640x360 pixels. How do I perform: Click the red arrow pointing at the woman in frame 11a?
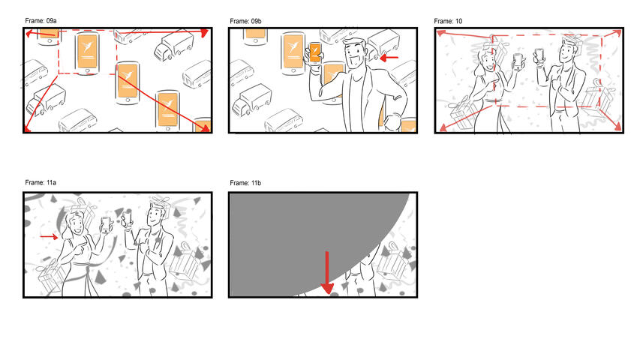tap(49, 237)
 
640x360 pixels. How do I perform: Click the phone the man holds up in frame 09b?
tap(316, 52)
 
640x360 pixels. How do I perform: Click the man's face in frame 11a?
tap(155, 215)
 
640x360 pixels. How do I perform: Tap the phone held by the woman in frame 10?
tap(516, 60)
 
